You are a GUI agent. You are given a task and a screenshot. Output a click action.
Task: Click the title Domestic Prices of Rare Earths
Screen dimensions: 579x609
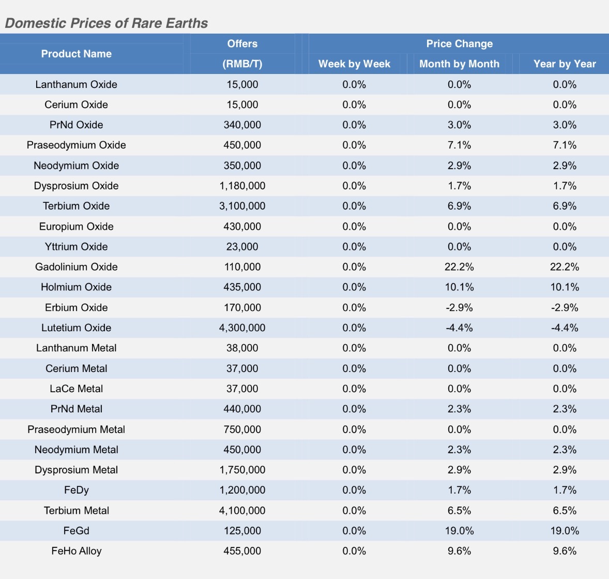pos(106,23)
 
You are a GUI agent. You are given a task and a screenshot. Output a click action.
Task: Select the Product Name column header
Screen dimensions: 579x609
pos(77,54)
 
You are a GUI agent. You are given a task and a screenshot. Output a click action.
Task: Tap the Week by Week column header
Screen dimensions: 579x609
pos(354,64)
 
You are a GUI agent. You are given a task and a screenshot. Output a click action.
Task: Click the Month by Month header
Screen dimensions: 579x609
pos(459,64)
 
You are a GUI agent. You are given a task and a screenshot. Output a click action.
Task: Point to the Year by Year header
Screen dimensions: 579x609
pos(565,64)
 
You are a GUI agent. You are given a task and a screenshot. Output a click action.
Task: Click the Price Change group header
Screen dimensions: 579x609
pos(459,44)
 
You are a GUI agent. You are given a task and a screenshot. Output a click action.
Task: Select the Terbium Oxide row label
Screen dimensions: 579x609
pos(77,206)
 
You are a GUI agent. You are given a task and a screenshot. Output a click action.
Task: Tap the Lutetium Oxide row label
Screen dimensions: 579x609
pos(77,328)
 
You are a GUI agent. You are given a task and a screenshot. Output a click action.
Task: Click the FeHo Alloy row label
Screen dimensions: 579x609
pos(77,551)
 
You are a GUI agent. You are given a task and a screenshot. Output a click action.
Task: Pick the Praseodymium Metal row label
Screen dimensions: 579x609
pos(77,429)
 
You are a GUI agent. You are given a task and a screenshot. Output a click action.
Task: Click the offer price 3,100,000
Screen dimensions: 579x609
pos(242,206)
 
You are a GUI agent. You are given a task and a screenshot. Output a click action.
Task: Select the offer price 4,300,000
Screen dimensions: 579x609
pos(242,328)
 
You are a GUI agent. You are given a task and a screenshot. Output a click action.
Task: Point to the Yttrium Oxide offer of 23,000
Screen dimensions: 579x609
pos(242,247)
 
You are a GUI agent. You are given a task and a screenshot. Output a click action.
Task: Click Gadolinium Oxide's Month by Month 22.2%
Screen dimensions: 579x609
pos(459,267)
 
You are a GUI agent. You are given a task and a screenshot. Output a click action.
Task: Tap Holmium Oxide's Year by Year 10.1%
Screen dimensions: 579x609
pos(565,287)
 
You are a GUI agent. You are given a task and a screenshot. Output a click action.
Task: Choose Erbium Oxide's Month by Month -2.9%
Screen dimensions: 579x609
pos(459,307)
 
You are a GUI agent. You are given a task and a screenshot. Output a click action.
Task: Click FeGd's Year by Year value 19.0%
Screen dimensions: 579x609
pos(565,531)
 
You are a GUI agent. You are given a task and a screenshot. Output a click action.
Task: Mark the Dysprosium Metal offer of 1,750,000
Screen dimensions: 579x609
pos(242,470)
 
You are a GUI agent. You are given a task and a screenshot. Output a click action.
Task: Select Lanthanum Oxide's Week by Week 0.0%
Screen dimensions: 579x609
pos(354,84)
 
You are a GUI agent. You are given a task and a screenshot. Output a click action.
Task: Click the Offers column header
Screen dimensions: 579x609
pos(242,44)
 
